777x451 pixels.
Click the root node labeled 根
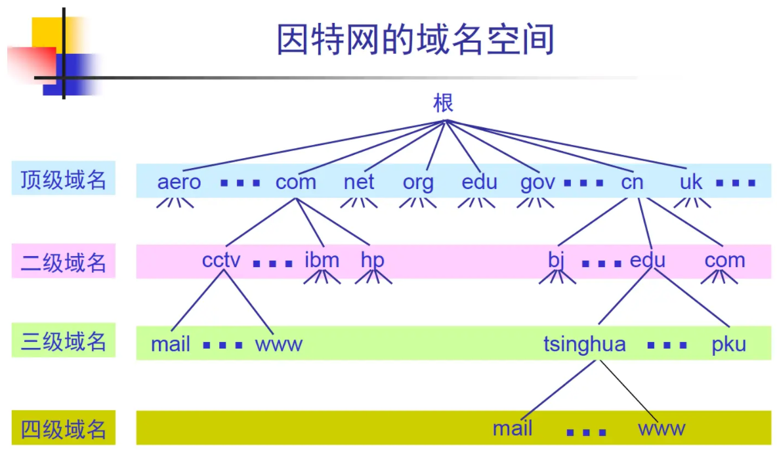tap(444, 103)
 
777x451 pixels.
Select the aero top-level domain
tap(179, 182)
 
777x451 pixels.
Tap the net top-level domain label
tap(359, 182)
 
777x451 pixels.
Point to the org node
tap(418, 183)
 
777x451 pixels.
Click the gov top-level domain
tap(537, 183)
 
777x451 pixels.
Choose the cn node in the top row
tap(632, 182)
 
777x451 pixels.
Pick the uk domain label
tap(691, 182)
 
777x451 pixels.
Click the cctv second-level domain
tap(221, 261)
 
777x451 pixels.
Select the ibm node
tap(322, 261)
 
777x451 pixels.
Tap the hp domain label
tap(372, 261)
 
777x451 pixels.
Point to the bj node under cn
tap(556, 261)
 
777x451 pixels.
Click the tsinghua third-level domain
tap(584, 344)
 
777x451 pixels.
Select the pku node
tap(728, 344)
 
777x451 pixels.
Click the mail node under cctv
tap(171, 344)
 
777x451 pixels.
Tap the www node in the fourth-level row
tap(661, 429)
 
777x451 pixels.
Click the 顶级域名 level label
tap(64, 179)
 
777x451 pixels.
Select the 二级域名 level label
tap(64, 262)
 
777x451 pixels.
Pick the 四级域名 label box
tap(64, 429)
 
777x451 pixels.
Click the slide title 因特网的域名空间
tap(415, 39)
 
